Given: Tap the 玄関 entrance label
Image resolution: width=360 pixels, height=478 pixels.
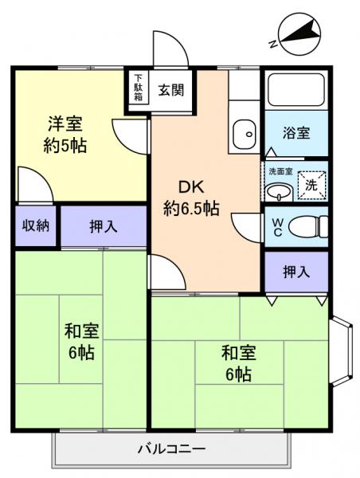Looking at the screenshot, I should point(170,90).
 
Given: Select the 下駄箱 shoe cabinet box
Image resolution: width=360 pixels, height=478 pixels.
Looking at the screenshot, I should point(139,90).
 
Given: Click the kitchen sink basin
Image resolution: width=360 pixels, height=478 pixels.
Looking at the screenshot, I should point(241,133).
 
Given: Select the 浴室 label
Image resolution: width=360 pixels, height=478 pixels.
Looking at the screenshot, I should point(296,133).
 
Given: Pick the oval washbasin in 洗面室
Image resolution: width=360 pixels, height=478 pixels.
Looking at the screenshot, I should point(279,192).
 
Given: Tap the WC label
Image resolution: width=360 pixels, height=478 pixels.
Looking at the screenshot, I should point(277,227).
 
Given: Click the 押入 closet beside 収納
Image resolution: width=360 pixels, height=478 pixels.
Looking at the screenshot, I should point(102,226).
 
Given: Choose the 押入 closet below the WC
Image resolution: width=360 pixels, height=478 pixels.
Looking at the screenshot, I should point(296,272).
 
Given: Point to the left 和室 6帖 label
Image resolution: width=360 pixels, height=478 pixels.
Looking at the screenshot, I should point(79,341).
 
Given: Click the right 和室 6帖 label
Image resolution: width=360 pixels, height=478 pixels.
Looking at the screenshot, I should point(237,362).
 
